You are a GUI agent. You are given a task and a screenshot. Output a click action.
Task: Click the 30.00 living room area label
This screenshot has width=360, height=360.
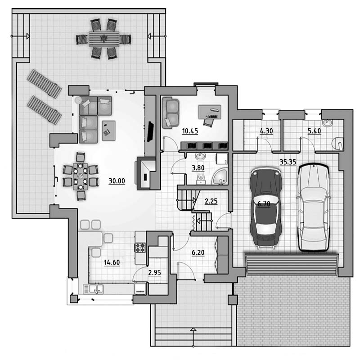pyautogui.click(x=117, y=181)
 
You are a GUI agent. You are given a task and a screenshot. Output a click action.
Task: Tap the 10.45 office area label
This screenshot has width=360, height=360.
pyautogui.click(x=190, y=131)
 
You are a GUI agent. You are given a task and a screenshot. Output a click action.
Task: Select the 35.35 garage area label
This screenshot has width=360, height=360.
pyautogui.click(x=288, y=162)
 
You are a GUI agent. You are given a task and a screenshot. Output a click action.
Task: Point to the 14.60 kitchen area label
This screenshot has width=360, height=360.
pyautogui.click(x=112, y=262)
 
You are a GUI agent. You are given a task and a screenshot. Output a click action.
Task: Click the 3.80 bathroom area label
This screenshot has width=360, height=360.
pyautogui.click(x=198, y=168)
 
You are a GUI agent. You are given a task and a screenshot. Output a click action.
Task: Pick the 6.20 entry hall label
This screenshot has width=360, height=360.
pyautogui.click(x=198, y=252)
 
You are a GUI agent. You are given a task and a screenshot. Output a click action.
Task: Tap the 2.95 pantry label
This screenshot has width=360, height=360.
pyautogui.click(x=154, y=273)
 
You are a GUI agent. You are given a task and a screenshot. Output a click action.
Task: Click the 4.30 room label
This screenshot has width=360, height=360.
pyautogui.click(x=266, y=131)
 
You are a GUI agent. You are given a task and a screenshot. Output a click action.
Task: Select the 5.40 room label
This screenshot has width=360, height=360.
pyautogui.click(x=314, y=131)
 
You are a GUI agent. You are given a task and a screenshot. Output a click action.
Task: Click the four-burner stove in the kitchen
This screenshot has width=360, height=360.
pyautogui.click(x=140, y=248)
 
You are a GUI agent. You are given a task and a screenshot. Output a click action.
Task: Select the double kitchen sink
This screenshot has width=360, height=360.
pyautogui.click(x=94, y=289)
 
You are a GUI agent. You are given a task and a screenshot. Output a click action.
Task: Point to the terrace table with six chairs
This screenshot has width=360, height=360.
pyautogui.click(x=104, y=39)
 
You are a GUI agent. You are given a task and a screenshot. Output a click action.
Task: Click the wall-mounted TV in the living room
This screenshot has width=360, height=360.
pyautogui.click(x=150, y=131)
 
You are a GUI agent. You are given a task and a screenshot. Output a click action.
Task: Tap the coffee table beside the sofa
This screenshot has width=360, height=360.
pyautogui.click(x=108, y=130)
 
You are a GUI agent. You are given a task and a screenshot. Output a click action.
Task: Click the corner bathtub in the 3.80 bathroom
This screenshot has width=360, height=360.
pyautogui.click(x=220, y=176)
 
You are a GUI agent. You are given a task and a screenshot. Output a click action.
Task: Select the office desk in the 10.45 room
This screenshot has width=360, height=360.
pyautogui.click(x=210, y=112)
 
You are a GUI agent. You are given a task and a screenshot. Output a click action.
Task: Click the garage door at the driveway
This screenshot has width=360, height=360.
pyautogui.click(x=292, y=264)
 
